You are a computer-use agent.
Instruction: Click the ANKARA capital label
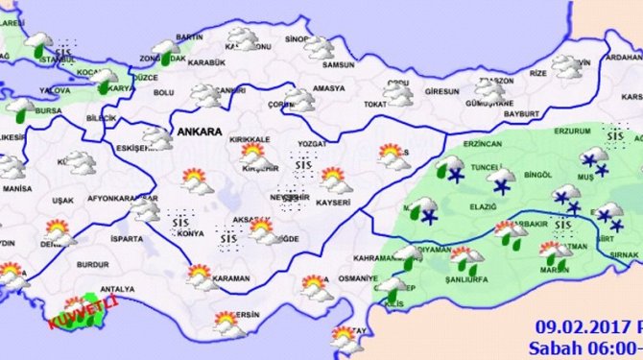[198, 131]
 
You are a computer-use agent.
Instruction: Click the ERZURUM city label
[576, 133]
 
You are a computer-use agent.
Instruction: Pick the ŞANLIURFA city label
[464, 279]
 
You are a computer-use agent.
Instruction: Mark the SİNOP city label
[297, 40]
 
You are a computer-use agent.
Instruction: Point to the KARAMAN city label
[230, 279]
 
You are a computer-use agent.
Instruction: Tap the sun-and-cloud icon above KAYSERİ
[332, 179]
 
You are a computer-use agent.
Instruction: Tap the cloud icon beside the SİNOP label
[320, 47]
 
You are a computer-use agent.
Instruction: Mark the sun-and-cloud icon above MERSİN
[226, 320]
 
